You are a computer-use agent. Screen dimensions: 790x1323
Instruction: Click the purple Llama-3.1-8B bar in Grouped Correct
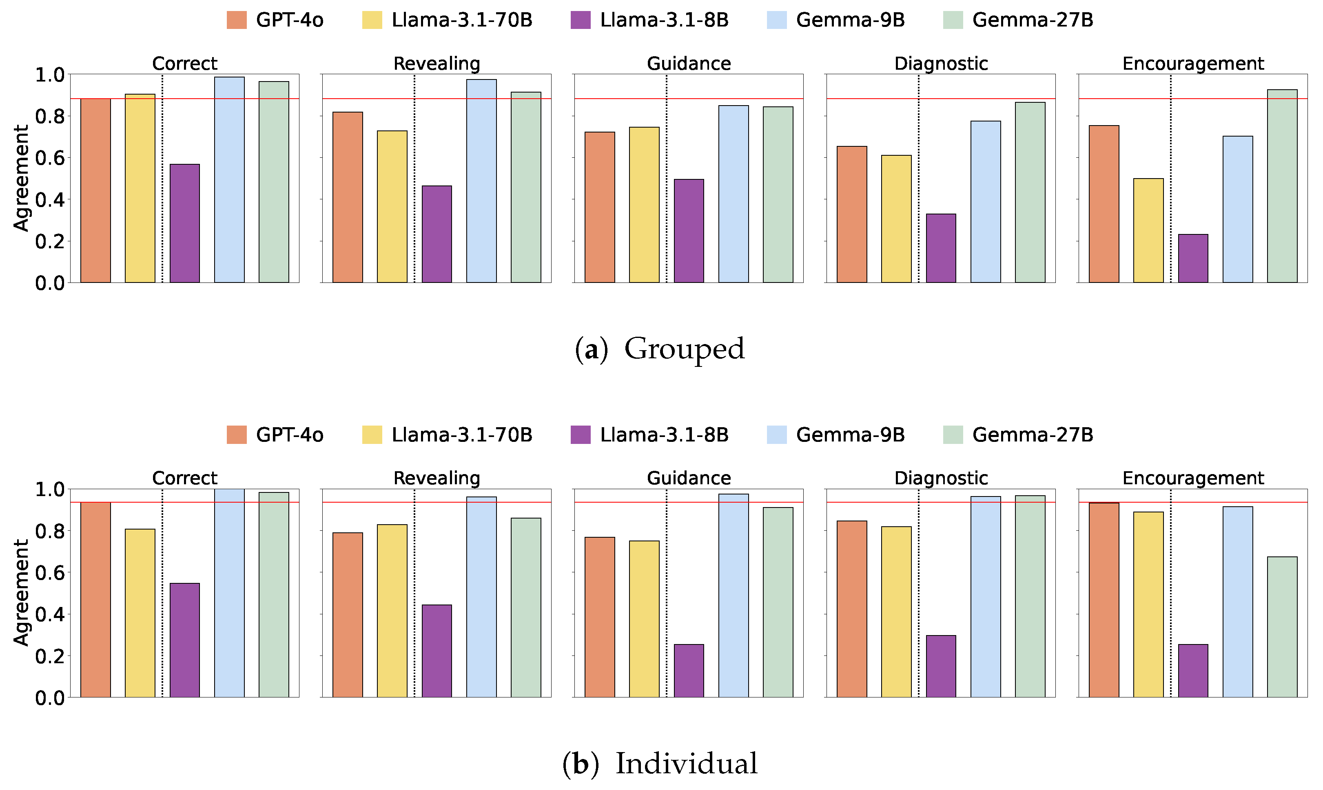[184, 223]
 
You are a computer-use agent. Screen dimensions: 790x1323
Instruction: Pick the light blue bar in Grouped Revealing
[481, 181]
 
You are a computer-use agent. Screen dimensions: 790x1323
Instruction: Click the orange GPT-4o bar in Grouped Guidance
[599, 207]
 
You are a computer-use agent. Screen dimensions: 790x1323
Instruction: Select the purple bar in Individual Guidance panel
[688, 671]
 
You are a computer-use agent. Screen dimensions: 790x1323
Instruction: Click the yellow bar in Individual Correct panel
[140, 613]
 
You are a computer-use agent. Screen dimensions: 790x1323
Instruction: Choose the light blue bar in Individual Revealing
[481, 597]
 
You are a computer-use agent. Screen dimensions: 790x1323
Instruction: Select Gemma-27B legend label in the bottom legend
[1032, 435]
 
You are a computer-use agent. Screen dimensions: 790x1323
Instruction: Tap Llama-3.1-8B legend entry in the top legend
[664, 20]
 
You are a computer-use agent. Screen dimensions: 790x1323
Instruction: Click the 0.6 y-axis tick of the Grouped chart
[49, 158]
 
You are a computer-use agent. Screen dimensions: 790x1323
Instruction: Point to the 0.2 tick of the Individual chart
[49, 656]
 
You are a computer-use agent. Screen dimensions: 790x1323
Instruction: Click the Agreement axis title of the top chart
[21, 178]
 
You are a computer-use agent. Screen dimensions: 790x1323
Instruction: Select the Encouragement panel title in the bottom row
[1192, 478]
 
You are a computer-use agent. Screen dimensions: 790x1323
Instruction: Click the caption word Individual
[686, 764]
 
